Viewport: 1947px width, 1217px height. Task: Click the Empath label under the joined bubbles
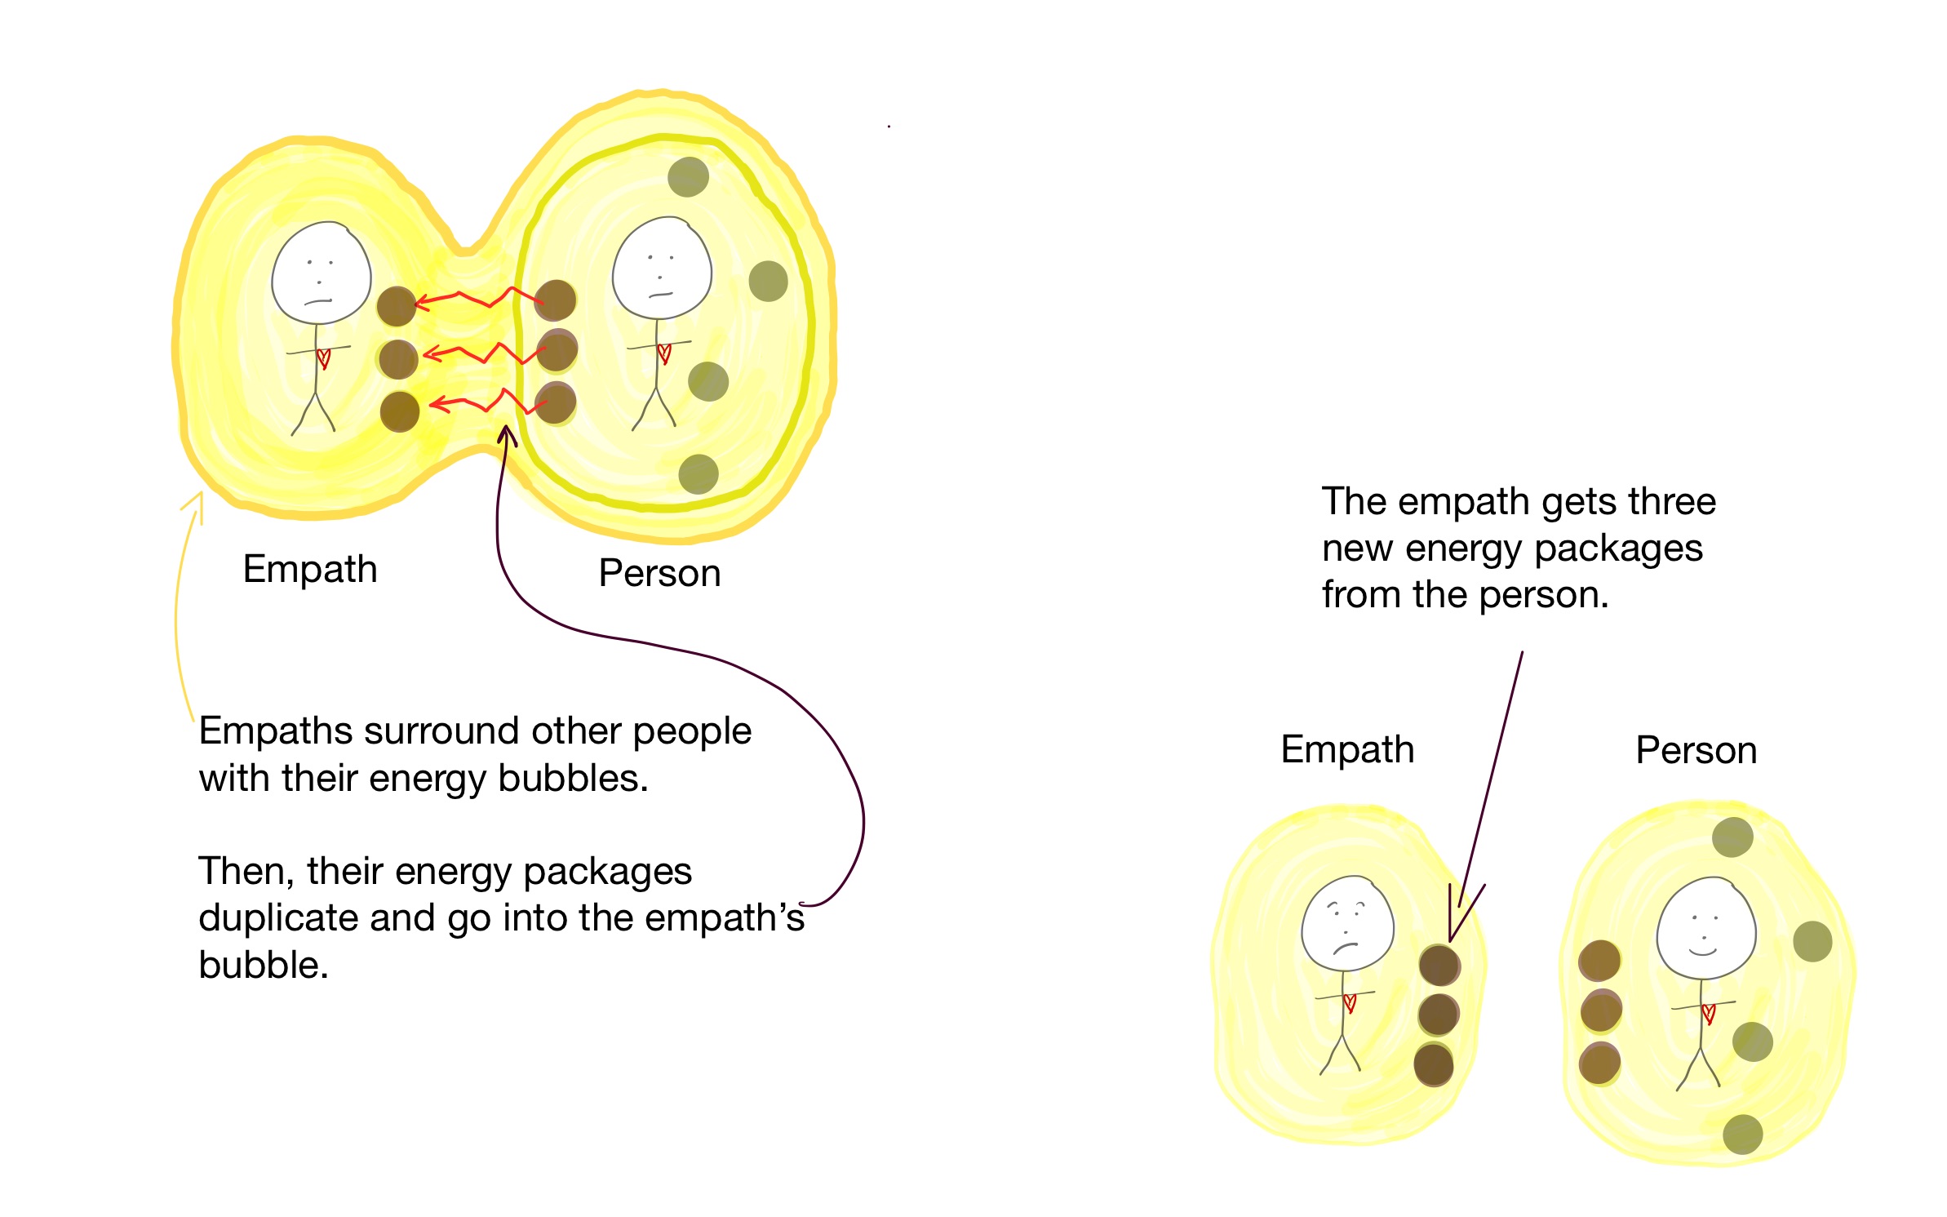pos(310,569)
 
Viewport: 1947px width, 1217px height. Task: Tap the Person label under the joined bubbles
pos(659,573)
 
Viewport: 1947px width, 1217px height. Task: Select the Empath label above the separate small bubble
pos(1347,749)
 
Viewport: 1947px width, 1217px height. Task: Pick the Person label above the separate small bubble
pos(1696,750)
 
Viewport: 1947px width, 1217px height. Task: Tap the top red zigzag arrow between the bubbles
pos(477,298)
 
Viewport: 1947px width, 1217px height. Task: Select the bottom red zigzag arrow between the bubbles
pos(481,402)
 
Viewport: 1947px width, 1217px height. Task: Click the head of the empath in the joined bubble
pos(322,273)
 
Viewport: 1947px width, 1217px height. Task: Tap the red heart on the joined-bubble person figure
pos(664,353)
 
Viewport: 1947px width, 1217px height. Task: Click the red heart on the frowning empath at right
pos(1350,1002)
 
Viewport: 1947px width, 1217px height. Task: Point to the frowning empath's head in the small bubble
pos(1347,924)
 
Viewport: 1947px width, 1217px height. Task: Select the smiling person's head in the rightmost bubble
pos(1705,928)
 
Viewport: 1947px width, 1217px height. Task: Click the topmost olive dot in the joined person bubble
pos(688,177)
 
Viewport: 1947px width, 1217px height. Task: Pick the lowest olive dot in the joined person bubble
pos(699,474)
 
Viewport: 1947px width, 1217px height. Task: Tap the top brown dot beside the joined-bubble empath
pos(397,307)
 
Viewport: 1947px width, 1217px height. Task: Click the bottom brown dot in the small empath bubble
pos(1434,1064)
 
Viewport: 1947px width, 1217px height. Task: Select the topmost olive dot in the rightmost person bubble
pos(1732,837)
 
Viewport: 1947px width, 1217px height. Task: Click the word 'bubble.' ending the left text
pos(264,966)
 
